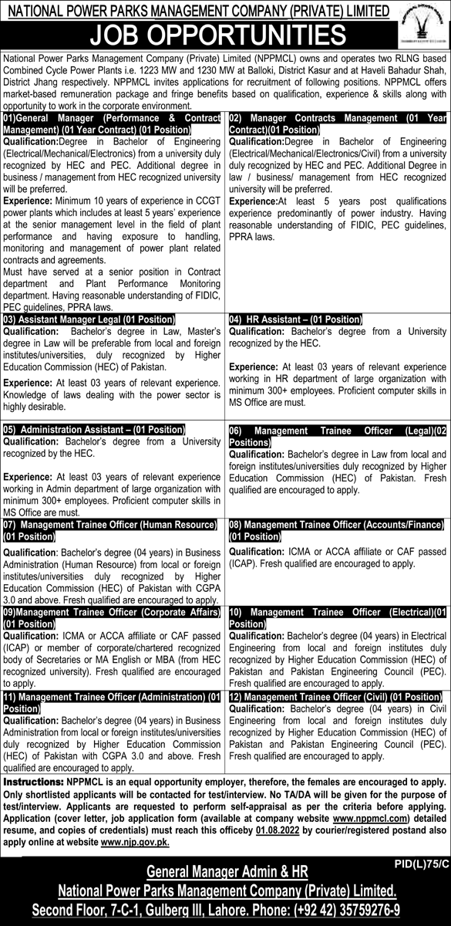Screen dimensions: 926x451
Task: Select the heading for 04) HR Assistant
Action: click(295, 318)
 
